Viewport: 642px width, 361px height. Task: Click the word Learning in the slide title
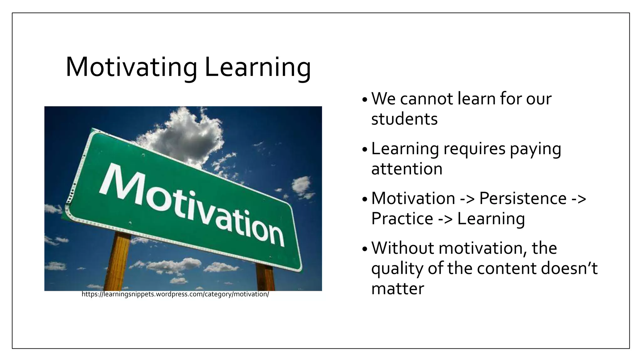click(x=258, y=68)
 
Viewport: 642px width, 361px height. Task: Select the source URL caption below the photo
click(x=175, y=295)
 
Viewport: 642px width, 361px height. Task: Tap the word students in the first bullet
click(x=404, y=119)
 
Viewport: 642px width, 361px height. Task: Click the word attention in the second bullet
click(x=407, y=169)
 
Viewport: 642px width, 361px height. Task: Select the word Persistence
click(x=523, y=198)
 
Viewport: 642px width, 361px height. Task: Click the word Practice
click(x=402, y=218)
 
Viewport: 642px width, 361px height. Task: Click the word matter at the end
click(x=397, y=288)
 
